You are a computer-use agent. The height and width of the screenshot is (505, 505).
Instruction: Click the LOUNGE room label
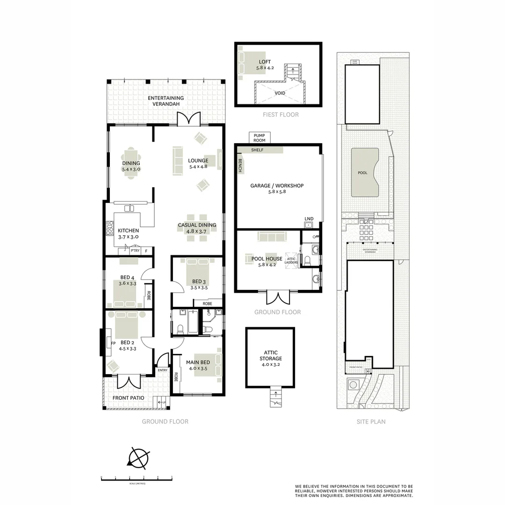click(x=198, y=160)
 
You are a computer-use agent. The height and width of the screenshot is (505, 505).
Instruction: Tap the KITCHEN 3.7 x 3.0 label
click(x=128, y=233)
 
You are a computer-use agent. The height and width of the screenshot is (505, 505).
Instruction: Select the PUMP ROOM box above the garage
click(x=259, y=137)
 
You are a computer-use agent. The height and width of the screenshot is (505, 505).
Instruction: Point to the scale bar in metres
click(x=137, y=478)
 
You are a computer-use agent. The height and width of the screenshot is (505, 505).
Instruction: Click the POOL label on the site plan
click(x=362, y=173)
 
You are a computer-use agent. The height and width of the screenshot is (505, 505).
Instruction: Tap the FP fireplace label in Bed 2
click(x=113, y=343)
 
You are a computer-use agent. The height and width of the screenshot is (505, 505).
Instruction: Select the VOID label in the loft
click(x=280, y=93)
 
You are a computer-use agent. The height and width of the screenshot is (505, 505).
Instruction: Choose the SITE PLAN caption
click(x=371, y=421)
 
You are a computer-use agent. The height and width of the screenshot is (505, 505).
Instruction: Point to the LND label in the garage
click(x=309, y=219)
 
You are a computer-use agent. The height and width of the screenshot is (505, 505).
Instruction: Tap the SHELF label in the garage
click(x=257, y=150)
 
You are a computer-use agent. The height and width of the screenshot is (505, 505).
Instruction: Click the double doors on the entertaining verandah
click(x=189, y=119)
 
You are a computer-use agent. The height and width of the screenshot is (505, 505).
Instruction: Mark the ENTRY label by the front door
click(x=162, y=370)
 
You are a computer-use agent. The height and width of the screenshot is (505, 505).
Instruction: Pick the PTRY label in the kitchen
click(x=135, y=251)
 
